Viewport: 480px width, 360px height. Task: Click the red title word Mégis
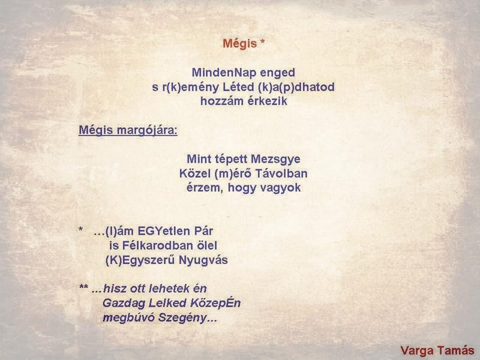[x=239, y=44]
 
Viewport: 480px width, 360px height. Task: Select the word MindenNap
[x=219, y=73]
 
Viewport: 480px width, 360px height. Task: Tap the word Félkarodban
[x=154, y=245]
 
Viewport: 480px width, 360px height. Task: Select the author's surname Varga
[x=418, y=350]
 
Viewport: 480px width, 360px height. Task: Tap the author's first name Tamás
[x=456, y=350]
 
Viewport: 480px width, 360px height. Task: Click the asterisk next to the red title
[x=262, y=43]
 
